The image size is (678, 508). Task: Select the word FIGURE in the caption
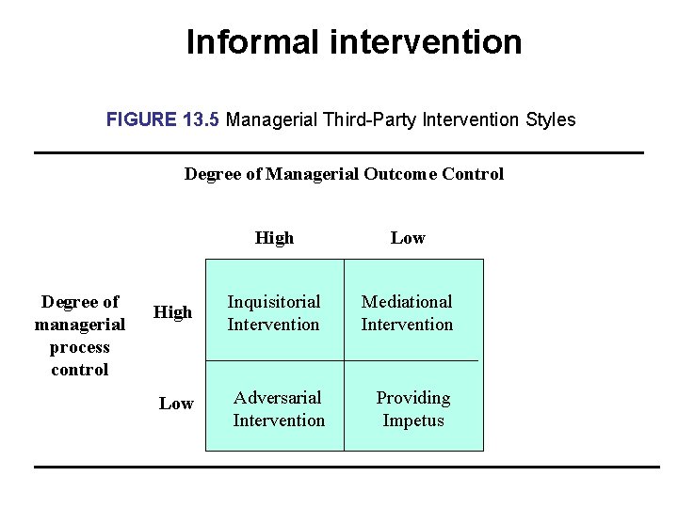pos(141,120)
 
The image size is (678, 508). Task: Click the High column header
pos(274,238)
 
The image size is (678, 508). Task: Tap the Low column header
pos(408,238)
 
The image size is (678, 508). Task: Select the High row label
pos(172,311)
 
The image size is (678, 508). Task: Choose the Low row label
pos(176,404)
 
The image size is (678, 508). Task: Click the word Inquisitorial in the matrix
pos(274,302)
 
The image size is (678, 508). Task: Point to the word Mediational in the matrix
pos(407,302)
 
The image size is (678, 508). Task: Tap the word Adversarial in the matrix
pos(278,398)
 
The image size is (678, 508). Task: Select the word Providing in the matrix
pos(413,398)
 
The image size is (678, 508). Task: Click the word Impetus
pos(413,421)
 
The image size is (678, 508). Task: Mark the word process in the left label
pos(80,347)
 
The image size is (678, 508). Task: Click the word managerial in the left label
pos(80,325)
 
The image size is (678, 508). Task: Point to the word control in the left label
pos(80,370)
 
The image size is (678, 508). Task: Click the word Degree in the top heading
pos(212,174)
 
